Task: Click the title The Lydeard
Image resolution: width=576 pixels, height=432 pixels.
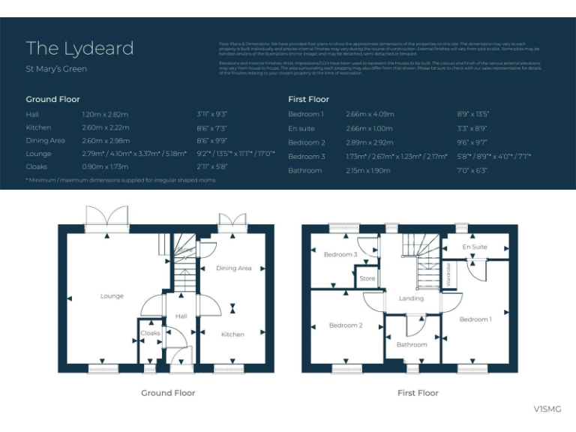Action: pos(79,48)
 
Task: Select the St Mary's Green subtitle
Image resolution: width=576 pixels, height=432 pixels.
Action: pos(56,69)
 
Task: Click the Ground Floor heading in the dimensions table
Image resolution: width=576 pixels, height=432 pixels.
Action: pos(52,99)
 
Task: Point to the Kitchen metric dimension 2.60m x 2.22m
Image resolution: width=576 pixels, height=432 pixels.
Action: pos(105,128)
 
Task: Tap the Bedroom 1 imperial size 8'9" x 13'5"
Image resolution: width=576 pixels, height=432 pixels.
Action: pos(472,114)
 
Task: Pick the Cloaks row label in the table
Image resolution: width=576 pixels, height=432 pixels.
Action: pos(37,166)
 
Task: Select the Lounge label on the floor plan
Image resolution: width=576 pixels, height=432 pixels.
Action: pos(112,296)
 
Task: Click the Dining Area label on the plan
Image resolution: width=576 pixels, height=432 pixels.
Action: pos(233,268)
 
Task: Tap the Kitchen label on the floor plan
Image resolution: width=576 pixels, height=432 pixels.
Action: pos(232,334)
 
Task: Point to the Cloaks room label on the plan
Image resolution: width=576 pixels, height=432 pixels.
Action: pos(150,333)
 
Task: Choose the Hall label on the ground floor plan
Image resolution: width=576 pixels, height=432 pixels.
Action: pos(181,316)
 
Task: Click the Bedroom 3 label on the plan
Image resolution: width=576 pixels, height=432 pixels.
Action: pos(340,254)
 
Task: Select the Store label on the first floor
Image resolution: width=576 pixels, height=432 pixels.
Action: pos(367,279)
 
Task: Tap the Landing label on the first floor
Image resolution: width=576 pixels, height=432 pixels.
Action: pos(411,298)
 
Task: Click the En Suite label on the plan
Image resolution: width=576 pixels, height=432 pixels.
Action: pos(474,247)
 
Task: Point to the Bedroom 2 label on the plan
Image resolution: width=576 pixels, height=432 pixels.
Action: pos(346,325)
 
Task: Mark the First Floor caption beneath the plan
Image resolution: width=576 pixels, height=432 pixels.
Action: pos(418,393)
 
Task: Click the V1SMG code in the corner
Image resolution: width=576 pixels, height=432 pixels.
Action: pos(547,409)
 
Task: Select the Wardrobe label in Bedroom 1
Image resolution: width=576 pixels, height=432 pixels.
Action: pos(449,274)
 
